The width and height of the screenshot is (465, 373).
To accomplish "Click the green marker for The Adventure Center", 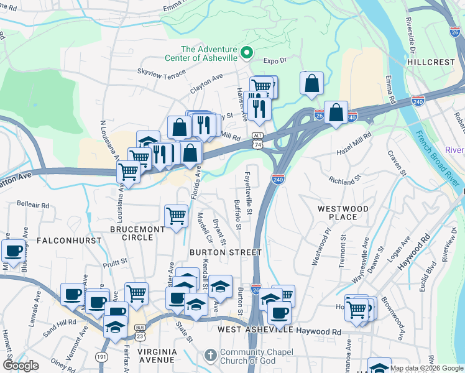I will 247,53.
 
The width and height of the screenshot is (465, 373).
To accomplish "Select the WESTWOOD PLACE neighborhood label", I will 343,213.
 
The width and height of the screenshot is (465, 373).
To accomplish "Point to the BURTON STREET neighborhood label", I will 225,252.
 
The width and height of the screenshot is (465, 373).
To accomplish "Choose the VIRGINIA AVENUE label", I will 157,356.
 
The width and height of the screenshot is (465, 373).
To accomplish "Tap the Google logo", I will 21,366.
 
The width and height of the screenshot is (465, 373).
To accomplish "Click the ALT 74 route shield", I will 257,139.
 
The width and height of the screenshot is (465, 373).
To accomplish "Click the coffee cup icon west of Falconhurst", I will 13,251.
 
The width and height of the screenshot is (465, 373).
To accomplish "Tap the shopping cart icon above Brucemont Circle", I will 176,216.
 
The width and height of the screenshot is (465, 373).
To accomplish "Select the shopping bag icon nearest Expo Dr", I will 311,83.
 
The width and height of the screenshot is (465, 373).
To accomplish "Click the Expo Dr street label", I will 274,61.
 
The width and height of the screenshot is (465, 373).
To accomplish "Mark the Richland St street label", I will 346,181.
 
